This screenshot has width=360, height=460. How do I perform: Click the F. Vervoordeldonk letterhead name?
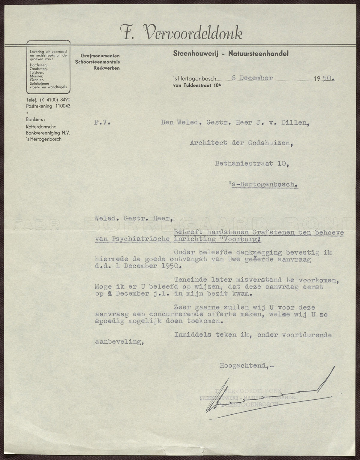coord(181,33)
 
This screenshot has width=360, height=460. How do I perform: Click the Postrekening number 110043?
coord(62,106)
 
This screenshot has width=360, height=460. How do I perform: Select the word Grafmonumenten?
coord(100,56)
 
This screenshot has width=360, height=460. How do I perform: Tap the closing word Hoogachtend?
coord(243,366)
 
